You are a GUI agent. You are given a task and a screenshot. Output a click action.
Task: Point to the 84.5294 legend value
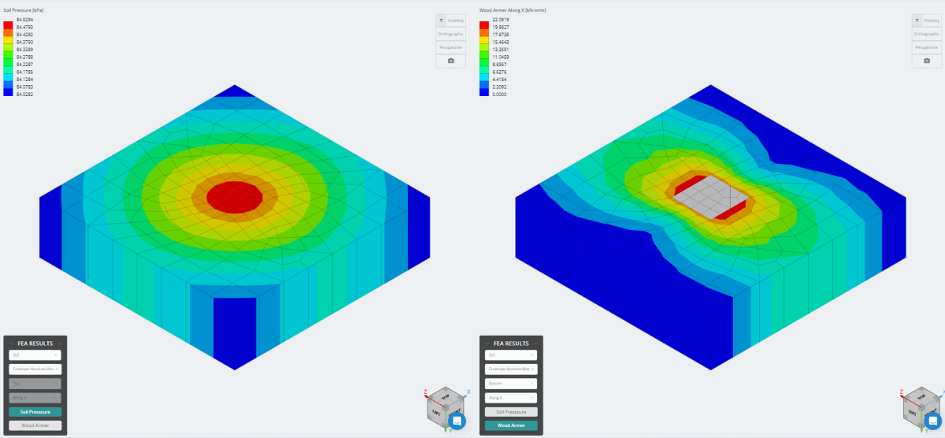point(24,17)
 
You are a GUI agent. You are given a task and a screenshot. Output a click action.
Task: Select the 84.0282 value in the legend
point(24,94)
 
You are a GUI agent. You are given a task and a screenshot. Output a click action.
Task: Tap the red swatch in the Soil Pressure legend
point(8,25)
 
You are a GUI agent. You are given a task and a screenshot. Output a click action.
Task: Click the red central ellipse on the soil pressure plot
point(235,195)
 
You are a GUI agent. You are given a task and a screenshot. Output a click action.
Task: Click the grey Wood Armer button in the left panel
point(35,425)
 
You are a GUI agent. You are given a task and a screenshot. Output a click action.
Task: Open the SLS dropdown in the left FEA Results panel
point(35,355)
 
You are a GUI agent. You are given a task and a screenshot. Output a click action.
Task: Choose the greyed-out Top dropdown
point(35,384)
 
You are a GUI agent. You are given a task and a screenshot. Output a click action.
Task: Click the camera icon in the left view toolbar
point(450,61)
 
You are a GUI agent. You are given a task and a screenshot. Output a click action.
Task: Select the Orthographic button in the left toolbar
point(450,34)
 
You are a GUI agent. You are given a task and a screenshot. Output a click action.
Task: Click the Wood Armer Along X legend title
point(513,10)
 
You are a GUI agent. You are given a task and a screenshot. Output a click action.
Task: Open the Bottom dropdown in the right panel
point(511,384)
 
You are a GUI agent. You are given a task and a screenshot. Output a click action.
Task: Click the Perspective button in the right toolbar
point(927,47)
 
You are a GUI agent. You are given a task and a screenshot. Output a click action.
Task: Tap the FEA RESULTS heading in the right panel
point(511,343)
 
